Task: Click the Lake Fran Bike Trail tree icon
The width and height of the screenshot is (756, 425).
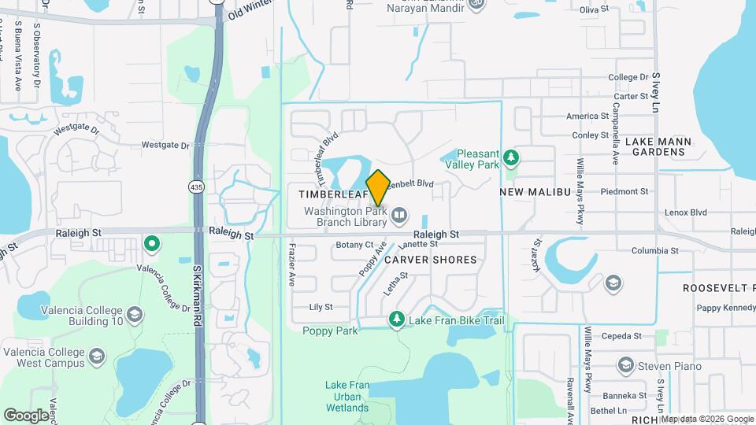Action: point(397,319)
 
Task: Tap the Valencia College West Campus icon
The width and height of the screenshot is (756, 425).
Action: point(98,356)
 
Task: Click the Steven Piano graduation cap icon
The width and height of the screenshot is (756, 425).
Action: point(626,365)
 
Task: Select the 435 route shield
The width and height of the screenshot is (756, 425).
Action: point(196,187)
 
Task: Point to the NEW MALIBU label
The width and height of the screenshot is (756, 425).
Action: point(535,192)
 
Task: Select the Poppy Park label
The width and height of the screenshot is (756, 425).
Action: point(331,331)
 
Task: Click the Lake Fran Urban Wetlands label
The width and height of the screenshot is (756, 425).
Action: point(346,397)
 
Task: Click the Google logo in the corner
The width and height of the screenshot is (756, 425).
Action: point(26,415)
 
